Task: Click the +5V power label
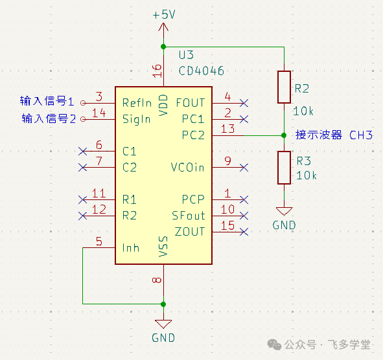(x=164, y=15)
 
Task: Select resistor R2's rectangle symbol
(x=284, y=87)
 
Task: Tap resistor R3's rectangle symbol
(x=284, y=168)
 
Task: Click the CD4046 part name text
(x=202, y=71)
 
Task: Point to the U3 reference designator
(x=186, y=55)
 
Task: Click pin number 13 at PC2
(x=227, y=129)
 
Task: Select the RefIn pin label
(x=137, y=103)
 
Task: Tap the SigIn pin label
(x=136, y=119)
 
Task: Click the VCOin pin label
(x=187, y=168)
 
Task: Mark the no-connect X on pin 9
(x=244, y=168)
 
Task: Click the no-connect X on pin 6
(x=83, y=152)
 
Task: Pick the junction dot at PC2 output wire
(x=284, y=135)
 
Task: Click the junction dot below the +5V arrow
(x=163, y=47)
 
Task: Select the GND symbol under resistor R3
(x=284, y=212)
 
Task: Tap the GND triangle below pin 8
(x=163, y=324)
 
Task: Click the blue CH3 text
(x=361, y=135)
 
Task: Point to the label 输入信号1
(x=47, y=101)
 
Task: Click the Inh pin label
(x=131, y=248)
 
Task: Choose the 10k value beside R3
(x=307, y=175)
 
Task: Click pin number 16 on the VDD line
(x=157, y=71)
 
